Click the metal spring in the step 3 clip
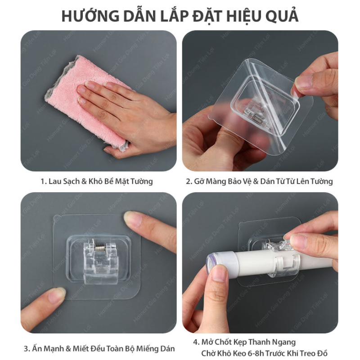click(x=99, y=248)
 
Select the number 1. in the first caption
click(x=44, y=181)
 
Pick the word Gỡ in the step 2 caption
click(x=199, y=181)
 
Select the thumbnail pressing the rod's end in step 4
click(x=219, y=272)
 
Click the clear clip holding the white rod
click(x=284, y=264)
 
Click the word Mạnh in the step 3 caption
click(x=53, y=348)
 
